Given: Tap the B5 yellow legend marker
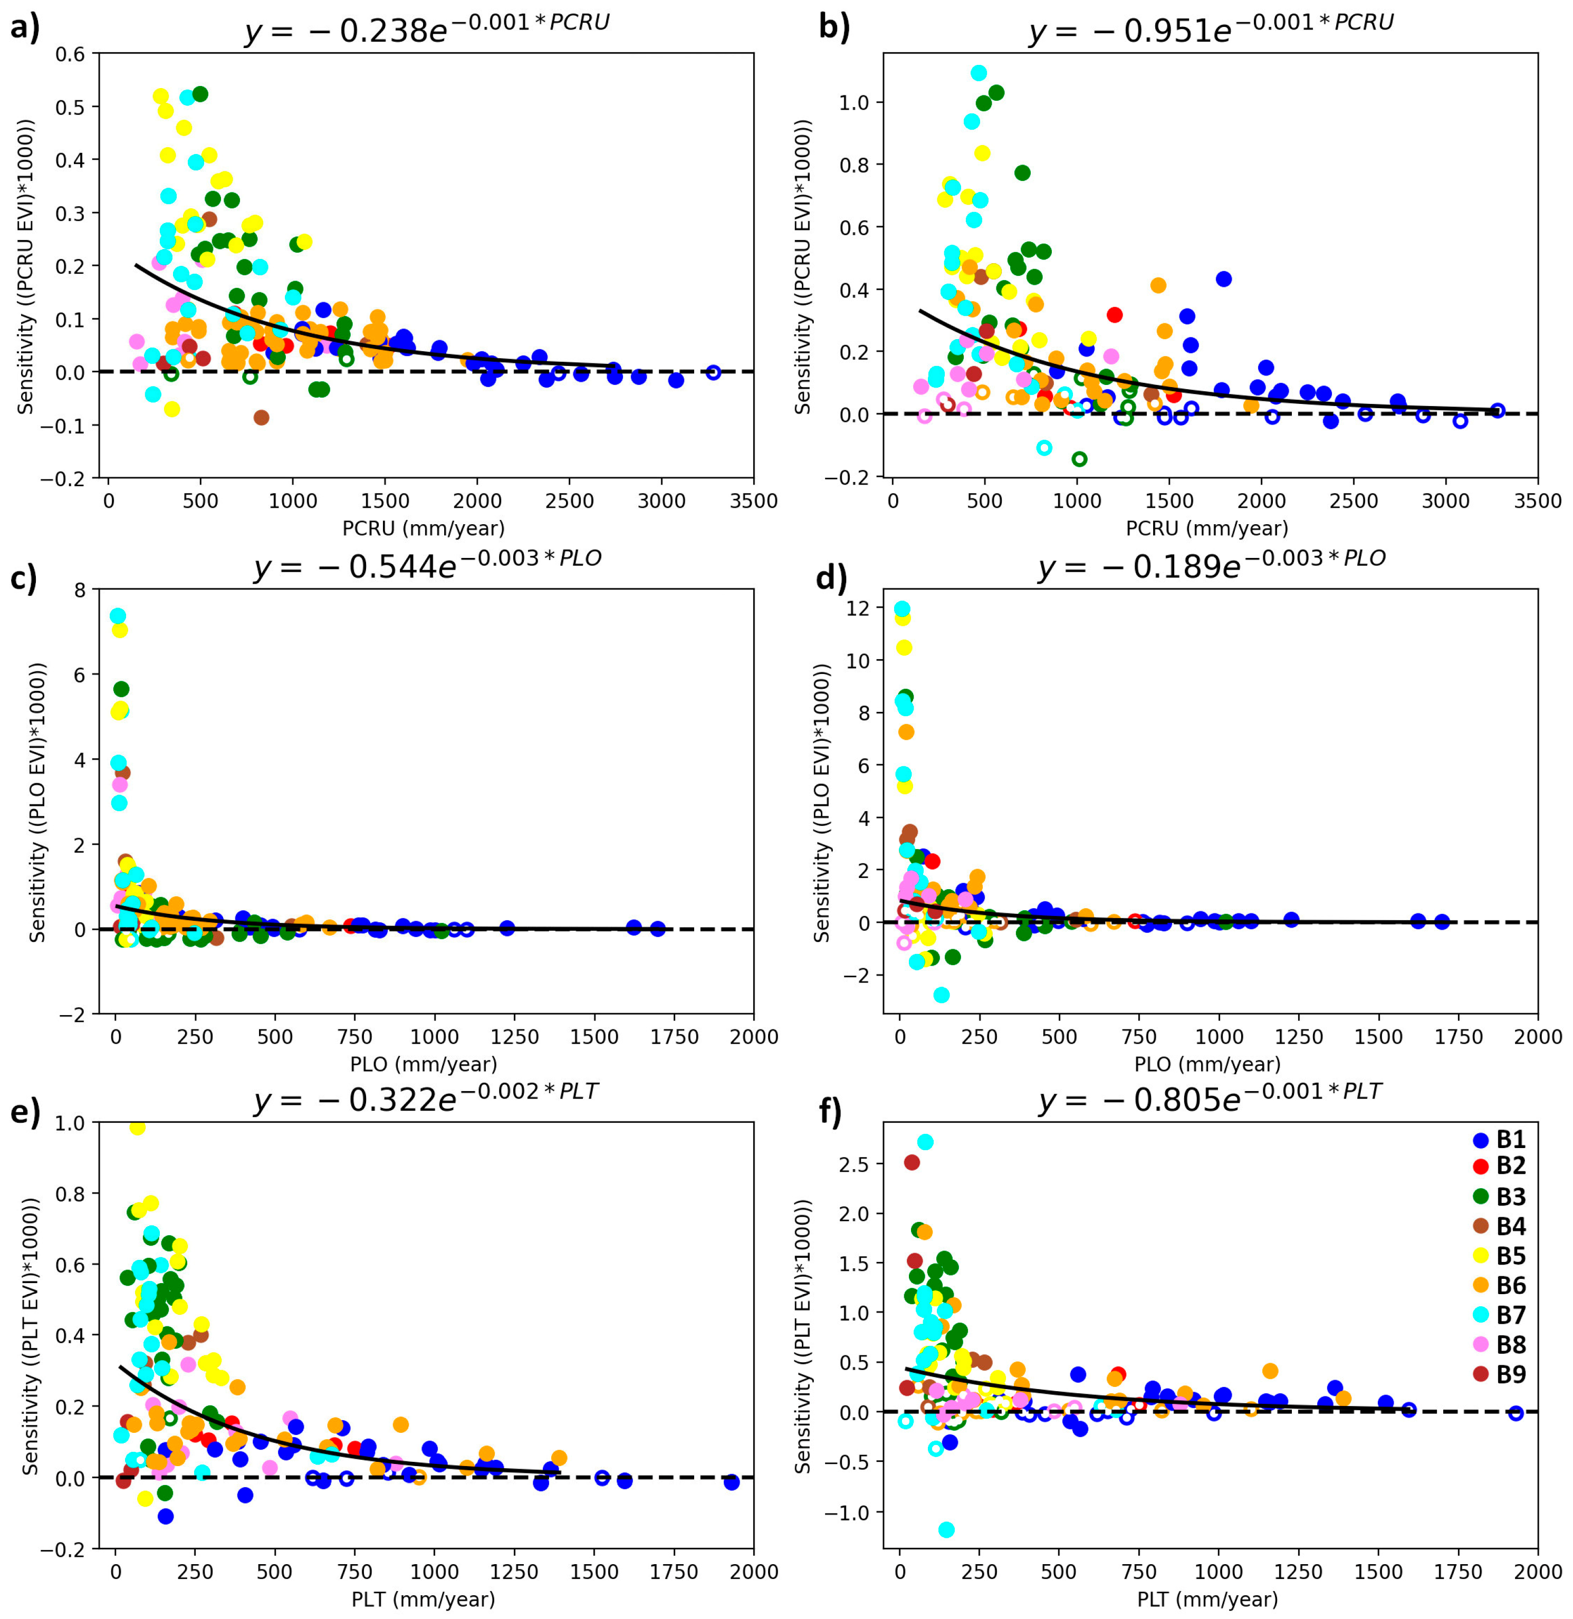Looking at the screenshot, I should pos(1481,1256).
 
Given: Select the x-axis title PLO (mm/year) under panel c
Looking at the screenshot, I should pos(424,1064).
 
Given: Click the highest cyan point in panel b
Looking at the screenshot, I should pos(979,73).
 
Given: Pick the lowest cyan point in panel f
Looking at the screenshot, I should pos(947,1530).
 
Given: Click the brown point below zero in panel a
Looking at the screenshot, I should pos(261,417).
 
